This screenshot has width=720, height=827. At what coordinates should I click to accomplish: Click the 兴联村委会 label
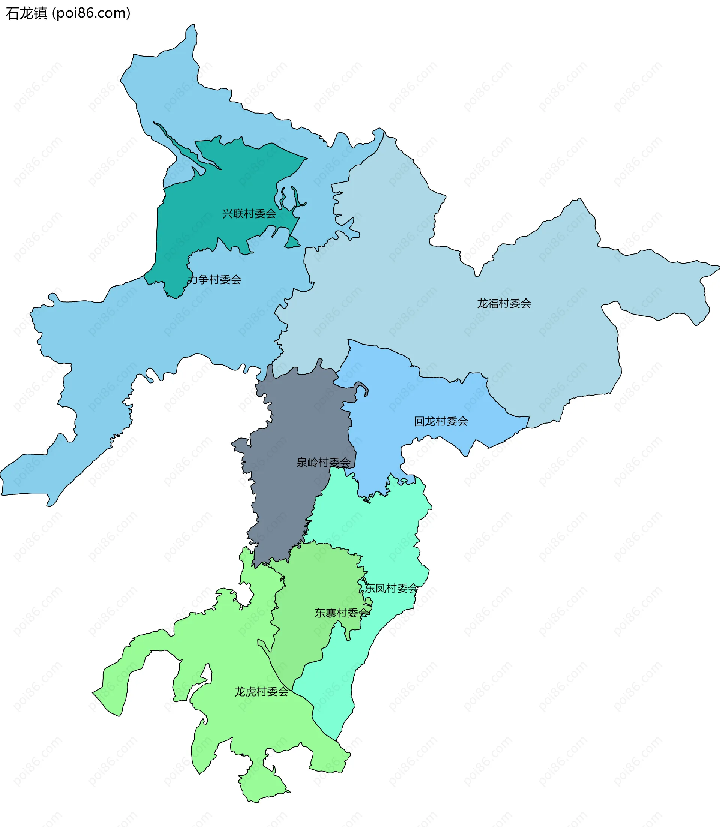coord(249,214)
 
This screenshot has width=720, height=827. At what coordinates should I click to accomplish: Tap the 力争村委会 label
coord(214,280)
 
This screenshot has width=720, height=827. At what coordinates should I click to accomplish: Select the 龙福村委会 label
coord(504,303)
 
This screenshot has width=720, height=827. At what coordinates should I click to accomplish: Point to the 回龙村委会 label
coord(441,421)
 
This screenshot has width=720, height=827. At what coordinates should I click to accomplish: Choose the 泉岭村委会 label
coord(323,463)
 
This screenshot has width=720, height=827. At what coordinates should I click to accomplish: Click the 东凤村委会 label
coord(391,589)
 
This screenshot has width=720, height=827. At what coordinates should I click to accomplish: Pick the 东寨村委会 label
coord(342,613)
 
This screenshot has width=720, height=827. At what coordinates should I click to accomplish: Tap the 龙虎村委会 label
coord(262,692)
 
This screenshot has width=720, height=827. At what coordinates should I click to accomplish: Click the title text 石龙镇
coord(27,13)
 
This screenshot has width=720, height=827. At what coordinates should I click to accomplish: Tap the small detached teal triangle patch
coord(292,243)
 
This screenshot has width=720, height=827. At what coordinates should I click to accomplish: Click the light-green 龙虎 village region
coord(241,723)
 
